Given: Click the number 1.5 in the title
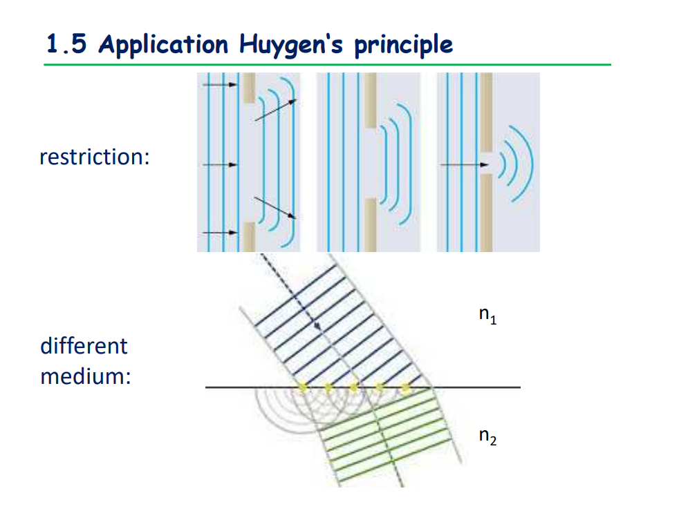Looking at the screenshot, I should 68,44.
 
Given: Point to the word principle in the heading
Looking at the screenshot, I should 403,45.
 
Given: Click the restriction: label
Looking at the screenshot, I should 95,157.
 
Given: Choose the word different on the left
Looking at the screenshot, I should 84,345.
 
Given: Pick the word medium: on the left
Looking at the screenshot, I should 86,377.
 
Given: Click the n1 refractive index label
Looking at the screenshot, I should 487,316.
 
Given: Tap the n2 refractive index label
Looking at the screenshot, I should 487,436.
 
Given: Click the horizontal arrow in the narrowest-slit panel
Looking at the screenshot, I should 465,165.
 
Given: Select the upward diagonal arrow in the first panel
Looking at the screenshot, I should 275,110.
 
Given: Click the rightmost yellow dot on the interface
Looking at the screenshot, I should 406,389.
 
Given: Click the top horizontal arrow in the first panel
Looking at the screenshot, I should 219,85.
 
